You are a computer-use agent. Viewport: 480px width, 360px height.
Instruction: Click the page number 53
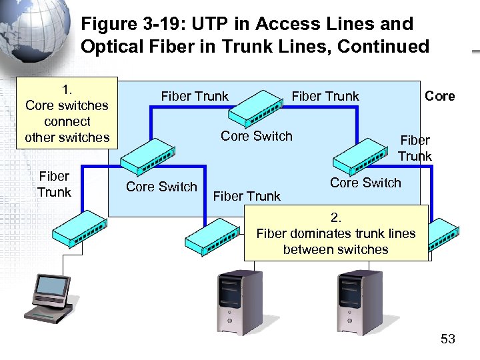click(x=447, y=339)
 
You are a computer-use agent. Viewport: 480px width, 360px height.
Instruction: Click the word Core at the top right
click(x=440, y=96)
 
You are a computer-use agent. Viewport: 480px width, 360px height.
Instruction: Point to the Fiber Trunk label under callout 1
click(x=54, y=185)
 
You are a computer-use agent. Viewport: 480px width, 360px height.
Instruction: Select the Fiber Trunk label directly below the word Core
click(x=415, y=148)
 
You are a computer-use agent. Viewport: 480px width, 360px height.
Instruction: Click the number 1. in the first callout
click(x=67, y=89)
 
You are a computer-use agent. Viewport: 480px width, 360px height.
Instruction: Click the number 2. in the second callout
click(x=335, y=217)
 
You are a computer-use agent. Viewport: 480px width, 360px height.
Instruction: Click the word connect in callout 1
click(x=67, y=121)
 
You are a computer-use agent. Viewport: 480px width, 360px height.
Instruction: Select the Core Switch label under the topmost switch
click(x=257, y=136)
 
